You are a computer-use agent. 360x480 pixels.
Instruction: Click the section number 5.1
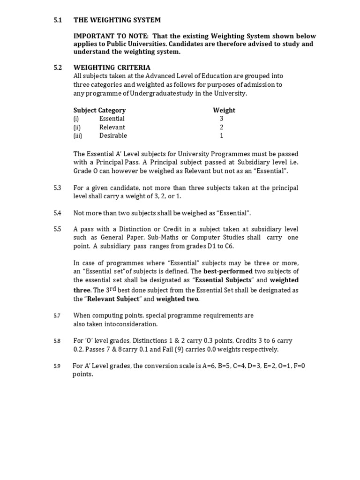tap(58, 20)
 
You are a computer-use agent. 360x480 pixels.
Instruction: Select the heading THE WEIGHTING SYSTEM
tap(117, 20)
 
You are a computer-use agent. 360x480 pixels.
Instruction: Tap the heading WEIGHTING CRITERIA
tap(105, 67)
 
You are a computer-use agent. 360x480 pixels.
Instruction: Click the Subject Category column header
tap(99, 110)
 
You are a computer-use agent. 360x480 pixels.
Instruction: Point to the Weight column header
tap(224, 110)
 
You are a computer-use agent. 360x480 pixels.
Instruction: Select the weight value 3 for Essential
tap(222, 119)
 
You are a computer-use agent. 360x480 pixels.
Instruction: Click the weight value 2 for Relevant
tap(222, 127)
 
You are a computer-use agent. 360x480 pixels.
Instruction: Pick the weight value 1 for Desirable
tap(222, 135)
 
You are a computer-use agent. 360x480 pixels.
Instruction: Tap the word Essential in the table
tap(112, 119)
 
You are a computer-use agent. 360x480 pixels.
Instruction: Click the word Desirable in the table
tap(113, 135)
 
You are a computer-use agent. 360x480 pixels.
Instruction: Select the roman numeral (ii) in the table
tap(77, 127)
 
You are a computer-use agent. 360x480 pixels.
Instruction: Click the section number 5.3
tap(58, 188)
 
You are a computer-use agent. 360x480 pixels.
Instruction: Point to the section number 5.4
tap(58, 213)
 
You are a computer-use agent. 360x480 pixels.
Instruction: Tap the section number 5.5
tap(58, 229)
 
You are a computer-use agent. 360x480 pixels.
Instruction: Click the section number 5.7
tap(57, 316)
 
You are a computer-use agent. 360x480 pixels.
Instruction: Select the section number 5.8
tap(57, 341)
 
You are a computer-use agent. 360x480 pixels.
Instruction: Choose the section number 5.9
tap(57, 366)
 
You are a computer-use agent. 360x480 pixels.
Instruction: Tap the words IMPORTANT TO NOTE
tap(106, 36)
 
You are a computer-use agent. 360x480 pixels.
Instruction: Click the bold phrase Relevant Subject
tap(113, 299)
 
